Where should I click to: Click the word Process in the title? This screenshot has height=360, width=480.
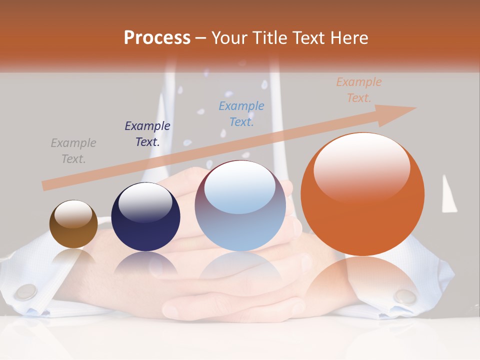coord(157,38)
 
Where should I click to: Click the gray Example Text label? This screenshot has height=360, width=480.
coord(73,151)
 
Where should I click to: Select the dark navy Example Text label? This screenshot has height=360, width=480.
coord(147,134)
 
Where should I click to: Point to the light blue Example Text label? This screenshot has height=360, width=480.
coord(241,114)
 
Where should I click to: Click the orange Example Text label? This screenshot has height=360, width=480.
coord(359,90)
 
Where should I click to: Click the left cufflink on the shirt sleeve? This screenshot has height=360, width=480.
coord(25,291)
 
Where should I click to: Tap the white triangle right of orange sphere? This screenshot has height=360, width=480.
coord(448,195)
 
